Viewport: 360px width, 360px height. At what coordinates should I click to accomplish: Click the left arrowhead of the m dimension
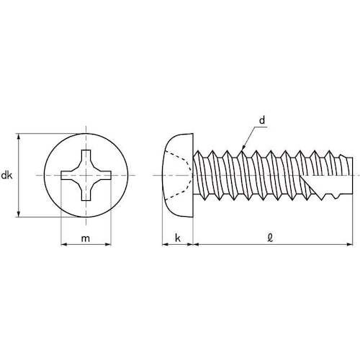tap(63, 244)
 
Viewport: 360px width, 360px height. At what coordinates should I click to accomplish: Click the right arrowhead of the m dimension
tap(110, 244)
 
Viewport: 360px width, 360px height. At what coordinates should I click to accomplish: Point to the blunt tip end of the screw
tap(353, 175)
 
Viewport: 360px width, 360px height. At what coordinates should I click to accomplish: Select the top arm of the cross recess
tap(86, 157)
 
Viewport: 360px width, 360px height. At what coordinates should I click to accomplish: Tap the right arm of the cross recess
tap(104, 176)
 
